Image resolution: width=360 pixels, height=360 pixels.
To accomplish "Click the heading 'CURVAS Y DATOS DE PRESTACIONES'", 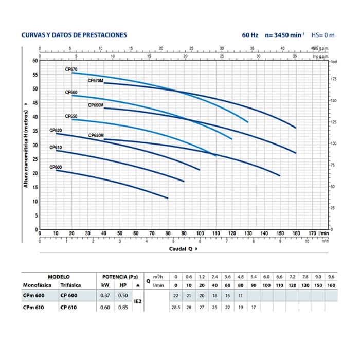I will coord(74,35).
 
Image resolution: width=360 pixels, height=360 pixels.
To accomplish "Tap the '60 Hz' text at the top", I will coord(250,35).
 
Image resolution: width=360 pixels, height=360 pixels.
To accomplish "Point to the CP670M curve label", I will coord(96,80).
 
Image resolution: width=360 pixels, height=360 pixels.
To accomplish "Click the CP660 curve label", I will coord(71,93).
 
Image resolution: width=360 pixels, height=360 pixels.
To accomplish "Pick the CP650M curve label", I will coord(96,135).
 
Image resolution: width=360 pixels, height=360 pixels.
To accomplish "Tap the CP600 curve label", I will coord(56,167).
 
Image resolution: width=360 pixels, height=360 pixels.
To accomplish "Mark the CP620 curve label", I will coord(56,130).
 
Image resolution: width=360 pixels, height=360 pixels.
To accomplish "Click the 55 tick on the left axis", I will coord(35,75).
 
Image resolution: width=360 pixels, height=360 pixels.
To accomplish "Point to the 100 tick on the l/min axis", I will coord(200,233).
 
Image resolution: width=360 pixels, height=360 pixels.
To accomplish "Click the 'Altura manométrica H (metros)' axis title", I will coord(25,145).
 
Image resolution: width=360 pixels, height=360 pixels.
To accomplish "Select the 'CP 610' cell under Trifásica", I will coord(68,308).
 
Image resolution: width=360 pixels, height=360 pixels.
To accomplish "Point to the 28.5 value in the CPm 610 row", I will coord(176,308).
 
